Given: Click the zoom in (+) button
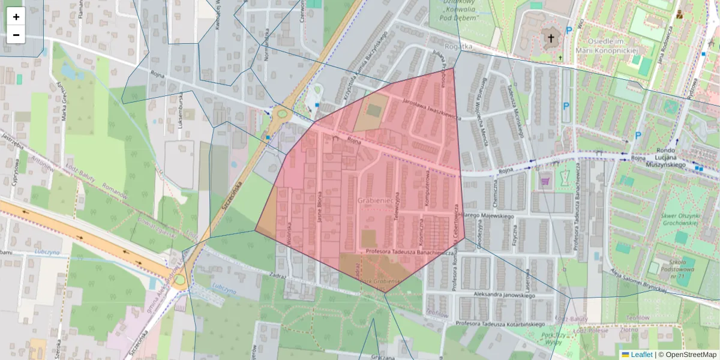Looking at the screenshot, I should (x=16, y=17).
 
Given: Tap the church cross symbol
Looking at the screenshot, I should (x=550, y=39).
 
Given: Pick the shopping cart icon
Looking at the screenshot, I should (x=545, y=180).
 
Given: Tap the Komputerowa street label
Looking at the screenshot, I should (x=428, y=191).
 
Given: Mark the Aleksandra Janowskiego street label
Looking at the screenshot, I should (x=503, y=295).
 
